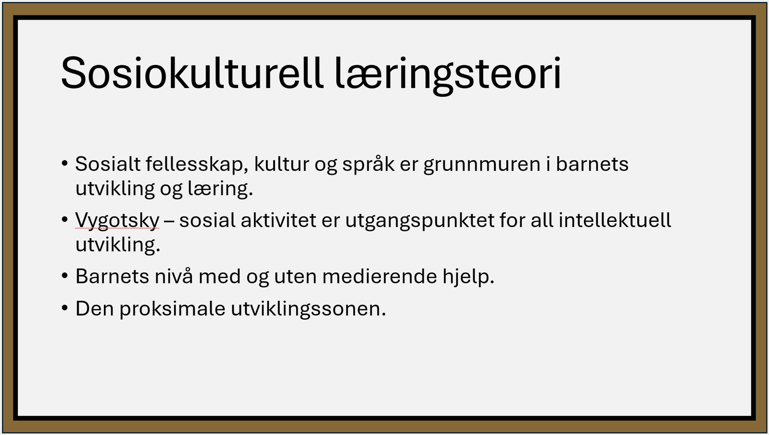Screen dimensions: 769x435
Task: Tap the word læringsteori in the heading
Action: click(x=448, y=76)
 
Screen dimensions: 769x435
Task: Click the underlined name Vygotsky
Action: click(x=117, y=220)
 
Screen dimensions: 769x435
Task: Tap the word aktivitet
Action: click(x=278, y=220)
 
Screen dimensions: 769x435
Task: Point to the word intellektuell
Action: click(x=615, y=220)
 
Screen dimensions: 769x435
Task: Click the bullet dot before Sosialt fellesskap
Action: click(x=65, y=164)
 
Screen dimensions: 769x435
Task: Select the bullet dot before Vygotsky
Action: click(x=65, y=220)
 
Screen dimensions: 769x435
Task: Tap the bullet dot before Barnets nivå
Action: click(x=65, y=276)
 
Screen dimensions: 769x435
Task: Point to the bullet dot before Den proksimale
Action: click(x=65, y=308)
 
